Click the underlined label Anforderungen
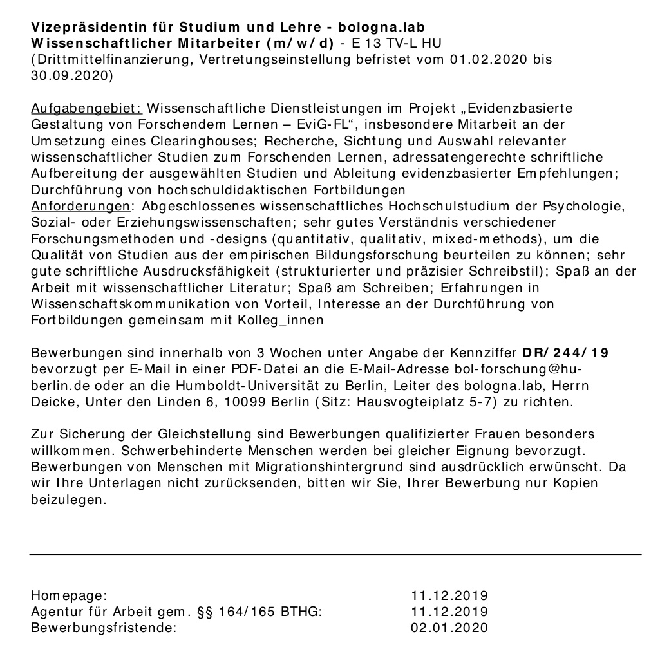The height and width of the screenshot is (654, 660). pos(80,207)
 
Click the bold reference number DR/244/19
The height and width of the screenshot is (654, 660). pos(566,353)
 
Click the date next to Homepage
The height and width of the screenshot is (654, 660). pos(449,595)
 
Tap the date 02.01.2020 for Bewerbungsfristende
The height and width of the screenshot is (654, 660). pos(449,628)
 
